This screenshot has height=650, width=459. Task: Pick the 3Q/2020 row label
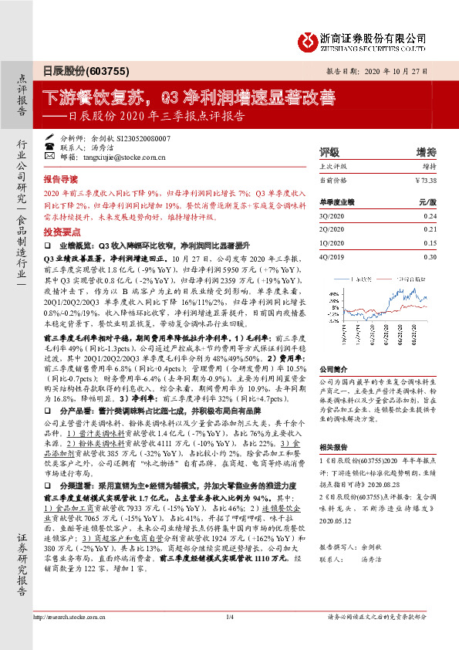[329, 216]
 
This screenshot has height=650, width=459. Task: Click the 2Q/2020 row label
[329, 229]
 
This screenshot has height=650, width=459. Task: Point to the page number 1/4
[229, 638]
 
